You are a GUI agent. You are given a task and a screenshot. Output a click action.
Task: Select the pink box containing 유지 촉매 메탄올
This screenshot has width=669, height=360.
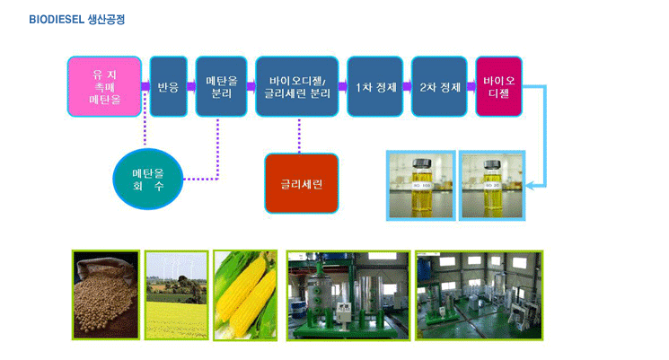[104, 86]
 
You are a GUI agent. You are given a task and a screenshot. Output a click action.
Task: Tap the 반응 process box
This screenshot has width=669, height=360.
[169, 86]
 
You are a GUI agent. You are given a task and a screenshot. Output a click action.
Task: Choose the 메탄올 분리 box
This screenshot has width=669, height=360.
[222, 86]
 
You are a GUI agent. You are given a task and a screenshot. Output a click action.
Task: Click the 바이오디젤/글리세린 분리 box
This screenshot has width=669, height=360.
[297, 86]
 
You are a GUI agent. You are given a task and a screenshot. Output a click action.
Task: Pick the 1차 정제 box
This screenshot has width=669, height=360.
[375, 86]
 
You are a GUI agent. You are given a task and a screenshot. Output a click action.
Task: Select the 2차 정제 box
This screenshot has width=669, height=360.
[439, 86]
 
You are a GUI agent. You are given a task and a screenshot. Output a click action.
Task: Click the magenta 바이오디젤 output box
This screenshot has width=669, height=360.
[498, 86]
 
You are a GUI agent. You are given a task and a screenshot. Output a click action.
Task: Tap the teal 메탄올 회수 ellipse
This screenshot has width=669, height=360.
[148, 180]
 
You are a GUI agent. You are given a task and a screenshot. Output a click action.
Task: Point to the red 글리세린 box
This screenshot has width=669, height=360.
[302, 183]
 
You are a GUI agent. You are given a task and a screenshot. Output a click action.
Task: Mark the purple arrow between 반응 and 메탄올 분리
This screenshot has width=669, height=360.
[191, 86]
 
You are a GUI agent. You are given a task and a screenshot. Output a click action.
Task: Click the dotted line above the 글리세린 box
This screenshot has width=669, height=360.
[299, 136]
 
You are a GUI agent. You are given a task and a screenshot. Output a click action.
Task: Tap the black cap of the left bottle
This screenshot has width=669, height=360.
[422, 162]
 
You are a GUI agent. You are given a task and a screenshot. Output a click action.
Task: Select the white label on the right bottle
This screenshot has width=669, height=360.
[493, 186]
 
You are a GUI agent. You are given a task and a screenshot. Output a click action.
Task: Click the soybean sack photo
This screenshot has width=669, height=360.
[106, 295]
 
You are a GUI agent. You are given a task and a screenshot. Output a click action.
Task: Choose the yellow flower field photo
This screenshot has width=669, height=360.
[177, 295]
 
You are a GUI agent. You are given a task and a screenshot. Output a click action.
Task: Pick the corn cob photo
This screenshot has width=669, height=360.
[245, 295]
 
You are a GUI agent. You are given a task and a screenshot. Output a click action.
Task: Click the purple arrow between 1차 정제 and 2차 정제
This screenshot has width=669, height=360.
[408, 86]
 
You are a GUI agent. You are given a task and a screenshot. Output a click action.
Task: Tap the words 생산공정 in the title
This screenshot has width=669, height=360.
[106, 20]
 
